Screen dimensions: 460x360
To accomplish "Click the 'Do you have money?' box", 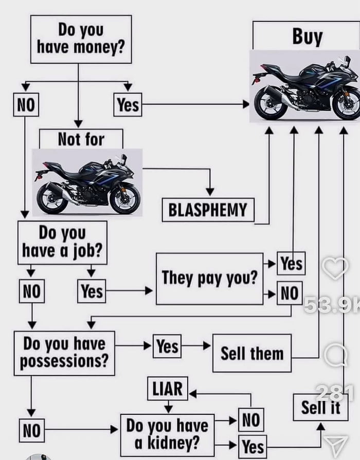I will [x=81, y=39].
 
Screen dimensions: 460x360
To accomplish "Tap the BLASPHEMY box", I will [x=208, y=210].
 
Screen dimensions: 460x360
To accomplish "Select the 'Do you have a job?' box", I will [x=62, y=242].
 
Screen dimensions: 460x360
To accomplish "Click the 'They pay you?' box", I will [x=209, y=278].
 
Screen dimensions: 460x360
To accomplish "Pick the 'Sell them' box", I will [x=251, y=353].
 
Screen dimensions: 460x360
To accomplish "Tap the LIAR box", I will [x=168, y=389].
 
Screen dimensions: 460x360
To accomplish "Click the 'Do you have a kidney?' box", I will [x=167, y=434].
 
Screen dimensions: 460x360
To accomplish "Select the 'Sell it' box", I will [x=320, y=407].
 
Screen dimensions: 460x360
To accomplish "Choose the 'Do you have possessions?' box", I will [x=64, y=353].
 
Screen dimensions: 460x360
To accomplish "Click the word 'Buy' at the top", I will [x=307, y=37].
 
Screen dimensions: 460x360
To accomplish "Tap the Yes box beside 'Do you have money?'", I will [x=128, y=105].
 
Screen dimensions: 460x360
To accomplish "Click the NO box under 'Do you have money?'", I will [x=26, y=105].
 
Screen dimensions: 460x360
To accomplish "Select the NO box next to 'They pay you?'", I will [x=290, y=293].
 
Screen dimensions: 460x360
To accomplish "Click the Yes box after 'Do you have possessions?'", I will [x=167, y=346].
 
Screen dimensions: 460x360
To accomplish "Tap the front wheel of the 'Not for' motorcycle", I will [x=124, y=199].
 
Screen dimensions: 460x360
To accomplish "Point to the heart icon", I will [x=335, y=268].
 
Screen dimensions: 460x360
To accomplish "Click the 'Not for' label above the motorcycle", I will [x=81, y=139].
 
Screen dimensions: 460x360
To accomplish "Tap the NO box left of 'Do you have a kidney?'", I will [x=32, y=431].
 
